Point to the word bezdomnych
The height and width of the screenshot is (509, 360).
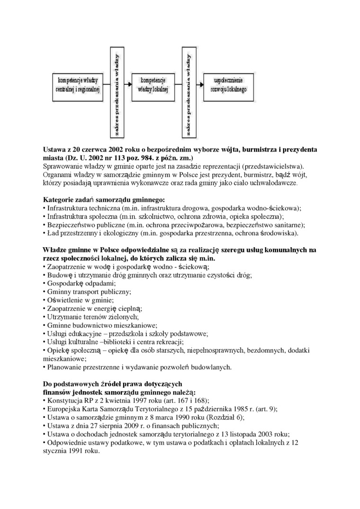(257, 350)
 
